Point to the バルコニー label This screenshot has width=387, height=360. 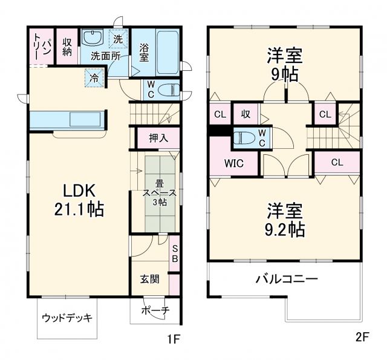tap(286, 280)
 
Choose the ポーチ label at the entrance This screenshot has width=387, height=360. tap(155, 311)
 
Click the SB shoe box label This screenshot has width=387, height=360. tap(174, 253)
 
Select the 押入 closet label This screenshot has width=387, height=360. tap(158, 138)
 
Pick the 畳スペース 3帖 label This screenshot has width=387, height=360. tap(160, 193)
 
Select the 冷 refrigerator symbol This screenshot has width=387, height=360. tap(94, 77)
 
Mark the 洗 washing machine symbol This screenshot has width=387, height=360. tap(119, 39)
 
